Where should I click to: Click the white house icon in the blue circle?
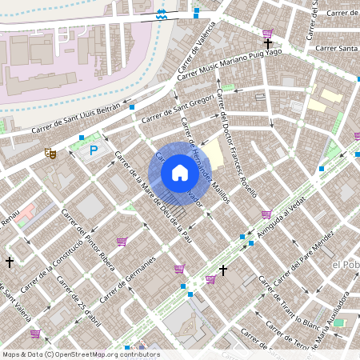(179, 173)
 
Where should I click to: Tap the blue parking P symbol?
(94, 150)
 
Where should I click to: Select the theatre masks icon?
(50, 151)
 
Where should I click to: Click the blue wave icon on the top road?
(162, 14)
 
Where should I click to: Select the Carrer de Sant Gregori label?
(178, 110)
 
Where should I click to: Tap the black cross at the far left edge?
(10, 262)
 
